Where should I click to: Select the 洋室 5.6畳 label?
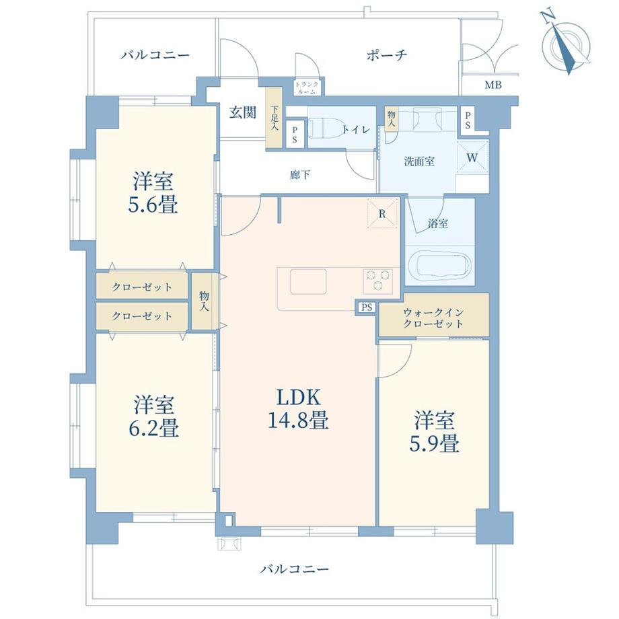tap(154, 192)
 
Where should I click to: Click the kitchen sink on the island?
tap(308, 281)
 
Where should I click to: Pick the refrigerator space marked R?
tap(381, 215)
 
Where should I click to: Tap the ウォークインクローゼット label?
tap(433, 318)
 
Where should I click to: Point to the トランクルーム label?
tap(308, 87)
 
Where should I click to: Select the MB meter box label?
tap(493, 85)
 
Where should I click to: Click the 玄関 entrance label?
tap(242, 112)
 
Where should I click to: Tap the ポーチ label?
tap(388, 55)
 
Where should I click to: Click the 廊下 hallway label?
tap(299, 174)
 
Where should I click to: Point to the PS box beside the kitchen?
tap(366, 307)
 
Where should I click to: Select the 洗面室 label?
tap(418, 161)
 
